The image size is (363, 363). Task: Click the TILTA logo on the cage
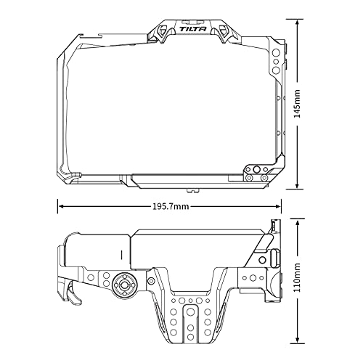pyautogui.click(x=193, y=29)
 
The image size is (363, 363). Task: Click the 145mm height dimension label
pyautogui.click(x=297, y=104)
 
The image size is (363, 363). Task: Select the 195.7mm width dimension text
pyautogui.click(x=171, y=206)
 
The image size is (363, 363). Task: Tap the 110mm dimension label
pyautogui.click(x=297, y=277)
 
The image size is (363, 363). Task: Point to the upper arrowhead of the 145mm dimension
pyautogui.click(x=297, y=23)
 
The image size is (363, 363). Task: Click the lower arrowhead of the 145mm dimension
pyautogui.click(x=297, y=184)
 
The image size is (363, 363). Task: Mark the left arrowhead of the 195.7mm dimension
pyautogui.click(x=62, y=206)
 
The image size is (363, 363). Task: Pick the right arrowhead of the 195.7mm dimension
pyautogui.click(x=277, y=206)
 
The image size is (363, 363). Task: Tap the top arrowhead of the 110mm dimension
pyautogui.click(x=297, y=222)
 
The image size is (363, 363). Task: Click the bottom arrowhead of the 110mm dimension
pyautogui.click(x=297, y=339)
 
